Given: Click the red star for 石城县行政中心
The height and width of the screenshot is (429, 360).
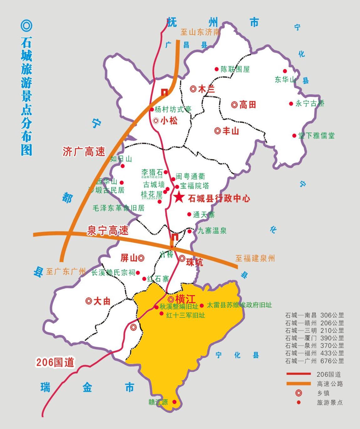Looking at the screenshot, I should point(179,197).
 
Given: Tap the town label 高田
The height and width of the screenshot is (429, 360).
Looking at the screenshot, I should point(248,105).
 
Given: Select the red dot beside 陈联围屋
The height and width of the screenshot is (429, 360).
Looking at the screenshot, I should point(216,69).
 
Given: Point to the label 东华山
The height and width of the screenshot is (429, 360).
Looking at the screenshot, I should point(285,80).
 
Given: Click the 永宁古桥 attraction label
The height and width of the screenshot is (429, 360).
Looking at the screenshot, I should point(310,103).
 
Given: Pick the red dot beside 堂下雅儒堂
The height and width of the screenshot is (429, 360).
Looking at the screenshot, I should point(294,136).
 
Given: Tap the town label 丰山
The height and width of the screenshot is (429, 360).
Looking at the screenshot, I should point(231,131).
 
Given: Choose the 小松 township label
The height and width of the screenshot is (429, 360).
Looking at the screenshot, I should point(169,121).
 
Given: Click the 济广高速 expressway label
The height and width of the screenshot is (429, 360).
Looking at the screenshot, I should point(84,152).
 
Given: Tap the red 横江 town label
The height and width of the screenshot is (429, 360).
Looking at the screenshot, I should point(185,299).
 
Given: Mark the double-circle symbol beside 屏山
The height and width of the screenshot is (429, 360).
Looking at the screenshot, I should point(141,258).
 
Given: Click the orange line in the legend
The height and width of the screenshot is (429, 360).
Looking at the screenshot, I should point(298,384).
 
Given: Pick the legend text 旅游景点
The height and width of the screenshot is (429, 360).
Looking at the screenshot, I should point(330,402).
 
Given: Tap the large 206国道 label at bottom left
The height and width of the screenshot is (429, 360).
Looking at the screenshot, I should point(55,362).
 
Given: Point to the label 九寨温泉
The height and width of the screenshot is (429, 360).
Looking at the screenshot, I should point(212,231).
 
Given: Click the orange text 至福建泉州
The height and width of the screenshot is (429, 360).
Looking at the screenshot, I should point(255,258).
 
